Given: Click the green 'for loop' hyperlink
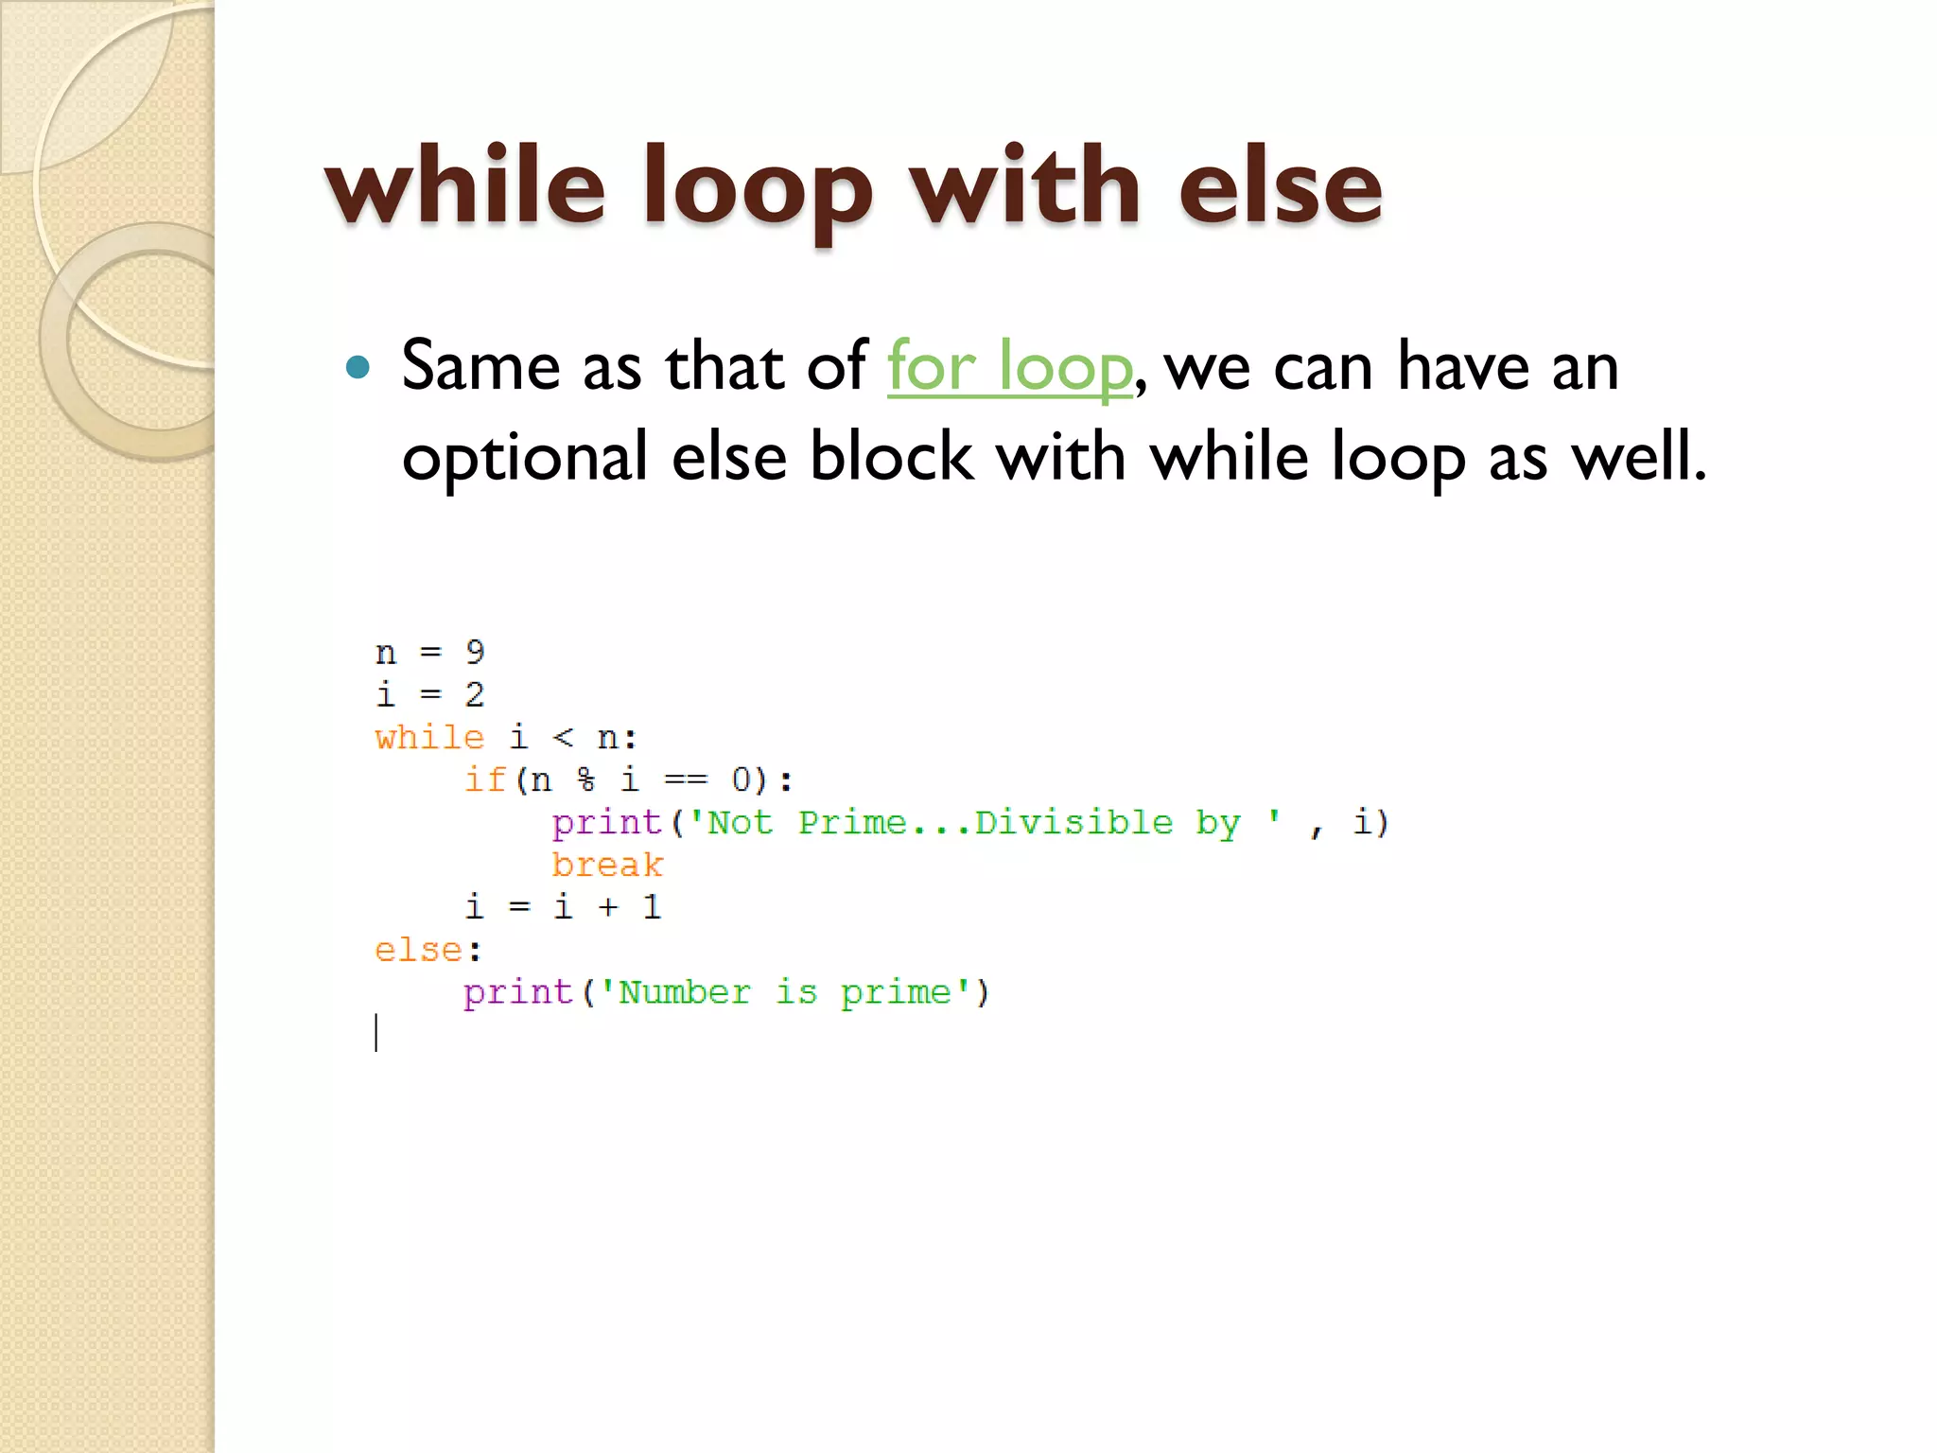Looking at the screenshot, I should [1009, 366].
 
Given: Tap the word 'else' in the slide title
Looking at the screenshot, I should [1280, 186].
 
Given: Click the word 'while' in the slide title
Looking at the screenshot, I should [464, 186].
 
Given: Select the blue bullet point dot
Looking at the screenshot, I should [358, 367].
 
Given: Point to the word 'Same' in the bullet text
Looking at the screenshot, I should [480, 366].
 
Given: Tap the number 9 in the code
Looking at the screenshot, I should [475, 652].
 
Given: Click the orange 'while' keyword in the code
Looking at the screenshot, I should [429, 737].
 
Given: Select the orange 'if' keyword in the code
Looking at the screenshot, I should [485, 779].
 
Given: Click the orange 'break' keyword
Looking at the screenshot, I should [607, 865].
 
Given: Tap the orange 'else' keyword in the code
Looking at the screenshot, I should [418, 950].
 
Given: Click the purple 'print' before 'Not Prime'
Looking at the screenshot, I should [606, 823].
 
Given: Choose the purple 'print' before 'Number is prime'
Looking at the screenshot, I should [518, 992].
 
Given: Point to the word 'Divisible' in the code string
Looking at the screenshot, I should [1073, 822].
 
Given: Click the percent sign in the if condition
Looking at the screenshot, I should [586, 779].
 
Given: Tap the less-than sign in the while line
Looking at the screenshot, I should [563, 737].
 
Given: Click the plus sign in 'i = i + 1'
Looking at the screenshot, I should [607, 907].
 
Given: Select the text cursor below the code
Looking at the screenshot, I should [376, 1033].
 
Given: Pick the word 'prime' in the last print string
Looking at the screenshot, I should [897, 993].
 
